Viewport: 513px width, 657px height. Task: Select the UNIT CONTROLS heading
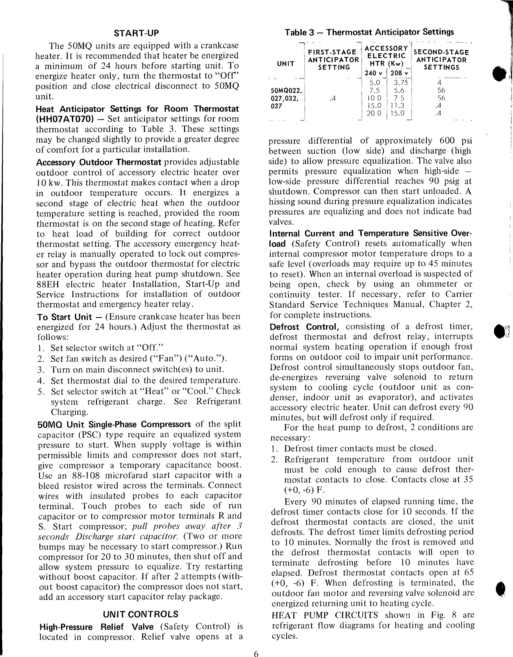tap(141, 614)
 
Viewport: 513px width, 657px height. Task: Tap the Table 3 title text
tap(369, 32)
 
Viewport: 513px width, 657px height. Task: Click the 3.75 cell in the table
tap(396, 83)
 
